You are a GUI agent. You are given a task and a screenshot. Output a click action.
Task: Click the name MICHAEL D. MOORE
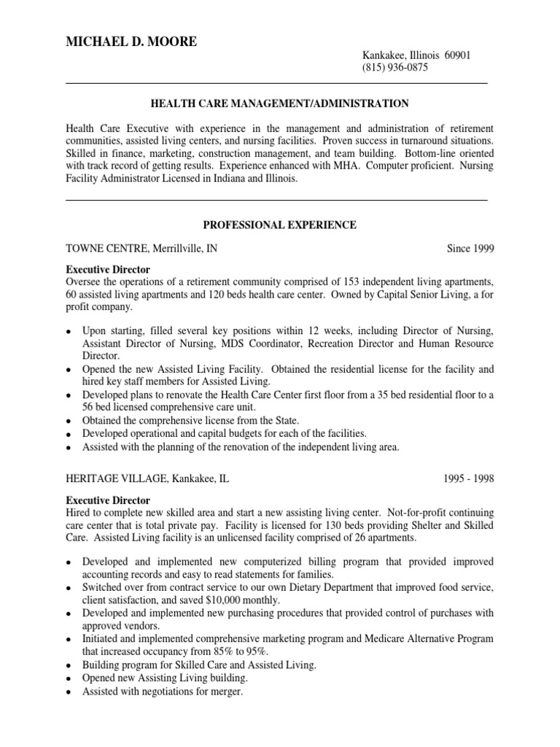pos(131,42)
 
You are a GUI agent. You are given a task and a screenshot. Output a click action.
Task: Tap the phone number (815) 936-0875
pos(395,69)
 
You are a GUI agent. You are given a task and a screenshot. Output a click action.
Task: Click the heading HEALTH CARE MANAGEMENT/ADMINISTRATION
pos(279,104)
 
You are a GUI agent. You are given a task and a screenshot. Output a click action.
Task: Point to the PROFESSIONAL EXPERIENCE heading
pos(279,225)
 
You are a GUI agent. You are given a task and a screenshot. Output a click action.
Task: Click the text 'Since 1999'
pos(470,249)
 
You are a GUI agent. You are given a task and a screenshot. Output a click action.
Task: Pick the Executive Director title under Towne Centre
pos(108,270)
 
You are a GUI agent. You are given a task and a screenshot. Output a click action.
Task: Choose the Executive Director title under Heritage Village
pos(108,500)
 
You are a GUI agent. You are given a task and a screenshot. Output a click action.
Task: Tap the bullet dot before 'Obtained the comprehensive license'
pos(69,421)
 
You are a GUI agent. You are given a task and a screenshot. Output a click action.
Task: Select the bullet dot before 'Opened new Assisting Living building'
pos(69,678)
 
